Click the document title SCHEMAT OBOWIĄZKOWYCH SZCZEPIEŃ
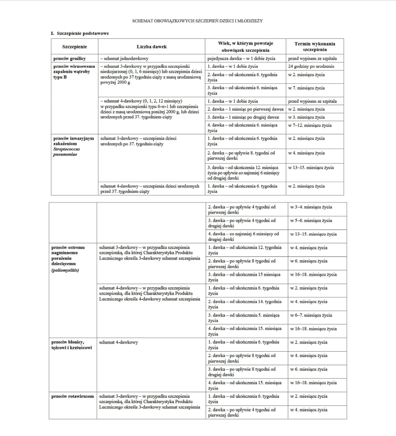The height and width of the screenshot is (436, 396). point(198,21)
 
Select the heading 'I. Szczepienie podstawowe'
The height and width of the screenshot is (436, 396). point(80,33)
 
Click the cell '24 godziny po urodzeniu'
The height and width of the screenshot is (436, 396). point(311,66)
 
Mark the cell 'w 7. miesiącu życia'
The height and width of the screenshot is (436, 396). point(306,88)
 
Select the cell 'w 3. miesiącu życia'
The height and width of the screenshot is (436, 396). point(306,117)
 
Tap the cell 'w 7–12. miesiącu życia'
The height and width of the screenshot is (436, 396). point(310,125)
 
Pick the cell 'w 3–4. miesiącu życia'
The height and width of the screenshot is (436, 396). point(311,207)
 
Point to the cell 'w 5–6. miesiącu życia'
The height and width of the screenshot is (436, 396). point(311,220)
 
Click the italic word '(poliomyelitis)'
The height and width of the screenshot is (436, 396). point(65,270)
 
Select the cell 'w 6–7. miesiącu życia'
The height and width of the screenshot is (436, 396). point(311,315)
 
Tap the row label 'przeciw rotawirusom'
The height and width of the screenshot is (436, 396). point(73,396)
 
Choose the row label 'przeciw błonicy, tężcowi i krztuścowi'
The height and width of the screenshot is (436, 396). point(71,345)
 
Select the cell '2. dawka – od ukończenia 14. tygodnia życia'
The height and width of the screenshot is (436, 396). point(244,304)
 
